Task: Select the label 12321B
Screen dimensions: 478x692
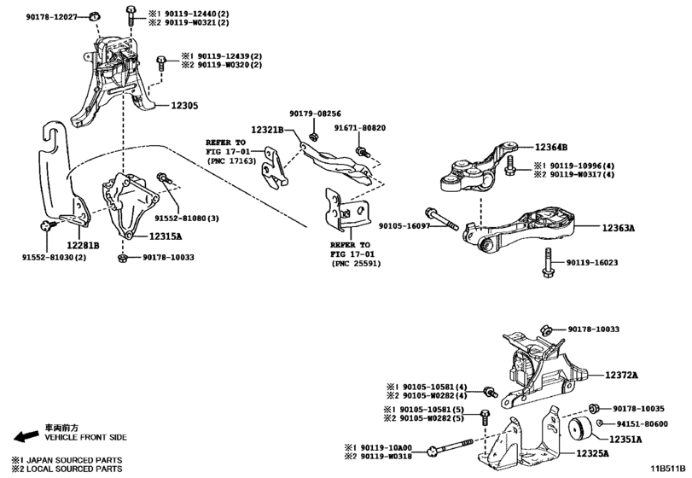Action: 269,131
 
